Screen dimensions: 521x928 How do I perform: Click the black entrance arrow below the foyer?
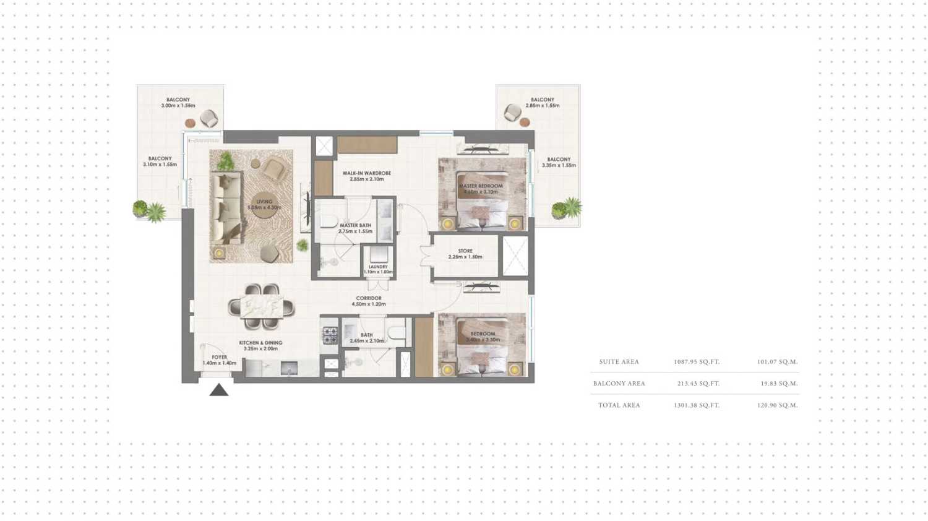pyautogui.click(x=218, y=390)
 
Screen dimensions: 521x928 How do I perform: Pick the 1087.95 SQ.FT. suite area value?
pyautogui.click(x=697, y=362)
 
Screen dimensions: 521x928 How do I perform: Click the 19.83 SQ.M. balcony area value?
pyautogui.click(x=779, y=384)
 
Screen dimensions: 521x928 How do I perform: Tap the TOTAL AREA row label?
pyautogui.click(x=619, y=405)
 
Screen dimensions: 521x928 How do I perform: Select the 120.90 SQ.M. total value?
pyautogui.click(x=777, y=405)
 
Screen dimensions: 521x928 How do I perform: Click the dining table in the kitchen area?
pyautogui.click(x=262, y=306)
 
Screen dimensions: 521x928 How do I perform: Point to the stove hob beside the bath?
pyautogui.click(x=330, y=335)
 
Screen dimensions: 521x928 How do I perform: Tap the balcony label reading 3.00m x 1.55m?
pyautogui.click(x=178, y=103)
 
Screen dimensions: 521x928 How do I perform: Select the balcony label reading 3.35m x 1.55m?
pyautogui.click(x=559, y=162)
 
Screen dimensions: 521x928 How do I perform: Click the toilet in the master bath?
pyautogui.click(x=328, y=222)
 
